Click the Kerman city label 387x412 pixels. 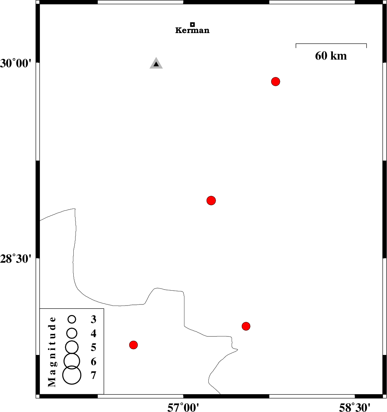(192, 31)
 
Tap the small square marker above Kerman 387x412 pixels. (192, 24)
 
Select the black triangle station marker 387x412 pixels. (156, 63)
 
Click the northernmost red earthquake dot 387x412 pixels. (276, 81)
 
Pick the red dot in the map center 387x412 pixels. (211, 201)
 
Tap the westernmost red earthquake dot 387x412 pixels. (133, 345)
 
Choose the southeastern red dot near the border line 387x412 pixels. (246, 326)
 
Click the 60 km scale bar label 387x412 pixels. (331, 56)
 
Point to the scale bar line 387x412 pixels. (331, 44)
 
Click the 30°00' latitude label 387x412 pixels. (16, 63)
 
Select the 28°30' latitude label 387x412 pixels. (16, 259)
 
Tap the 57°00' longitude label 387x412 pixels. (183, 407)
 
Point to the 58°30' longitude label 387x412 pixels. (355, 407)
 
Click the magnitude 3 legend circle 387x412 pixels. (72, 319)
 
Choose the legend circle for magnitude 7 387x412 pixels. (72, 375)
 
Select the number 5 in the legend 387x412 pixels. (93, 347)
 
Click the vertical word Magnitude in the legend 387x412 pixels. (52, 352)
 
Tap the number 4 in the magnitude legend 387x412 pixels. (93, 334)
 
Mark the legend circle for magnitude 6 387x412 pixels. (72, 361)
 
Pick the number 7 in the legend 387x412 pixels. (93, 375)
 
